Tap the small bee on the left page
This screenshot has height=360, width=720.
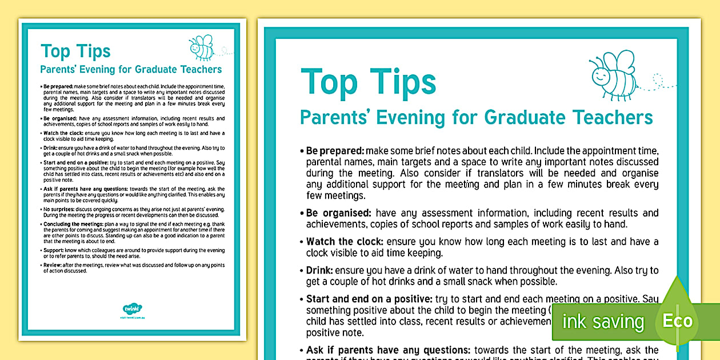pos(202,48)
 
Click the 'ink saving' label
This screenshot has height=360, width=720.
pos(603,322)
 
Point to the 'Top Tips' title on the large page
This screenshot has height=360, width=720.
pos(369,82)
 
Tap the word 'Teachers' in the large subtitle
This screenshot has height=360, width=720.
pos(613,118)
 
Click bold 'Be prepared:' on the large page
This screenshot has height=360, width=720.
pos(335,151)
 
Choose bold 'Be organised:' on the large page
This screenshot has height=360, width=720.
pos(339,213)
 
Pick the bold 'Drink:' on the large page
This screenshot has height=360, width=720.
pos(319,270)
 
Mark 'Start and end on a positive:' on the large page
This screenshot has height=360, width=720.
pos(369,299)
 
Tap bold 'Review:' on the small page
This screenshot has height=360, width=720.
pos(54,265)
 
